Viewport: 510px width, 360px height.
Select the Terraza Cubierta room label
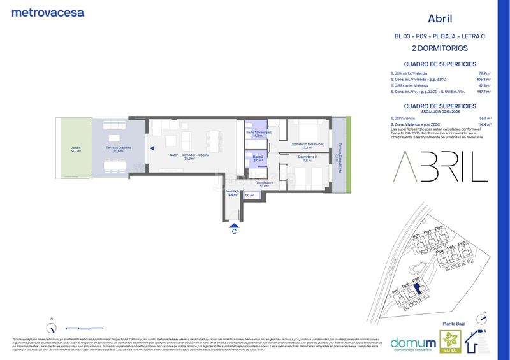tap(119, 150)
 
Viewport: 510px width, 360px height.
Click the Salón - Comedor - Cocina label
tap(189, 157)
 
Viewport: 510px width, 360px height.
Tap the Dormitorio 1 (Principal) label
tap(307, 145)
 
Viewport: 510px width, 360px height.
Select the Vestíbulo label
tap(232, 192)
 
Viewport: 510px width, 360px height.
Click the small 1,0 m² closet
tap(249, 195)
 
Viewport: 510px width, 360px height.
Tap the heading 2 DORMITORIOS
tap(440, 48)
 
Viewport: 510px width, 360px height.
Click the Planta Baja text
tap(453, 325)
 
